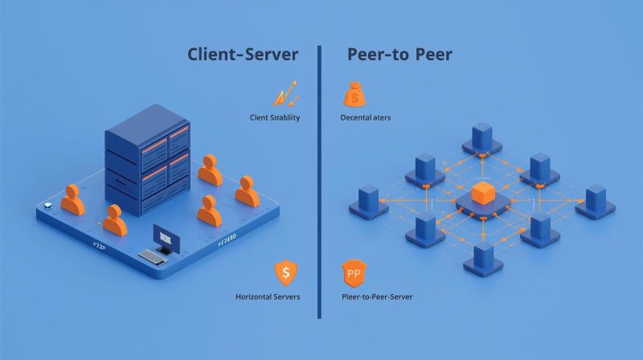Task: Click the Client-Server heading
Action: (x=243, y=55)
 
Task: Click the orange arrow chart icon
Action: (x=286, y=93)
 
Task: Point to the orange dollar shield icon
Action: (x=285, y=273)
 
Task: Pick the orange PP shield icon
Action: (x=354, y=273)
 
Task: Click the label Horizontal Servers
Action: (x=268, y=297)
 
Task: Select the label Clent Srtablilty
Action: (x=275, y=118)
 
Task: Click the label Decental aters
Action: (x=366, y=118)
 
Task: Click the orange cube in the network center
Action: (x=482, y=194)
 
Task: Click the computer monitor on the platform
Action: (x=166, y=237)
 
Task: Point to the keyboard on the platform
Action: (x=152, y=256)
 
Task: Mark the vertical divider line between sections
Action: (x=319, y=181)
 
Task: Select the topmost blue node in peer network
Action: (x=482, y=137)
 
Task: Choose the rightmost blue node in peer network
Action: (x=595, y=202)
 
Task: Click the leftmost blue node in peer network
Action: (x=368, y=202)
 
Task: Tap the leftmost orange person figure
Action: (x=72, y=200)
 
